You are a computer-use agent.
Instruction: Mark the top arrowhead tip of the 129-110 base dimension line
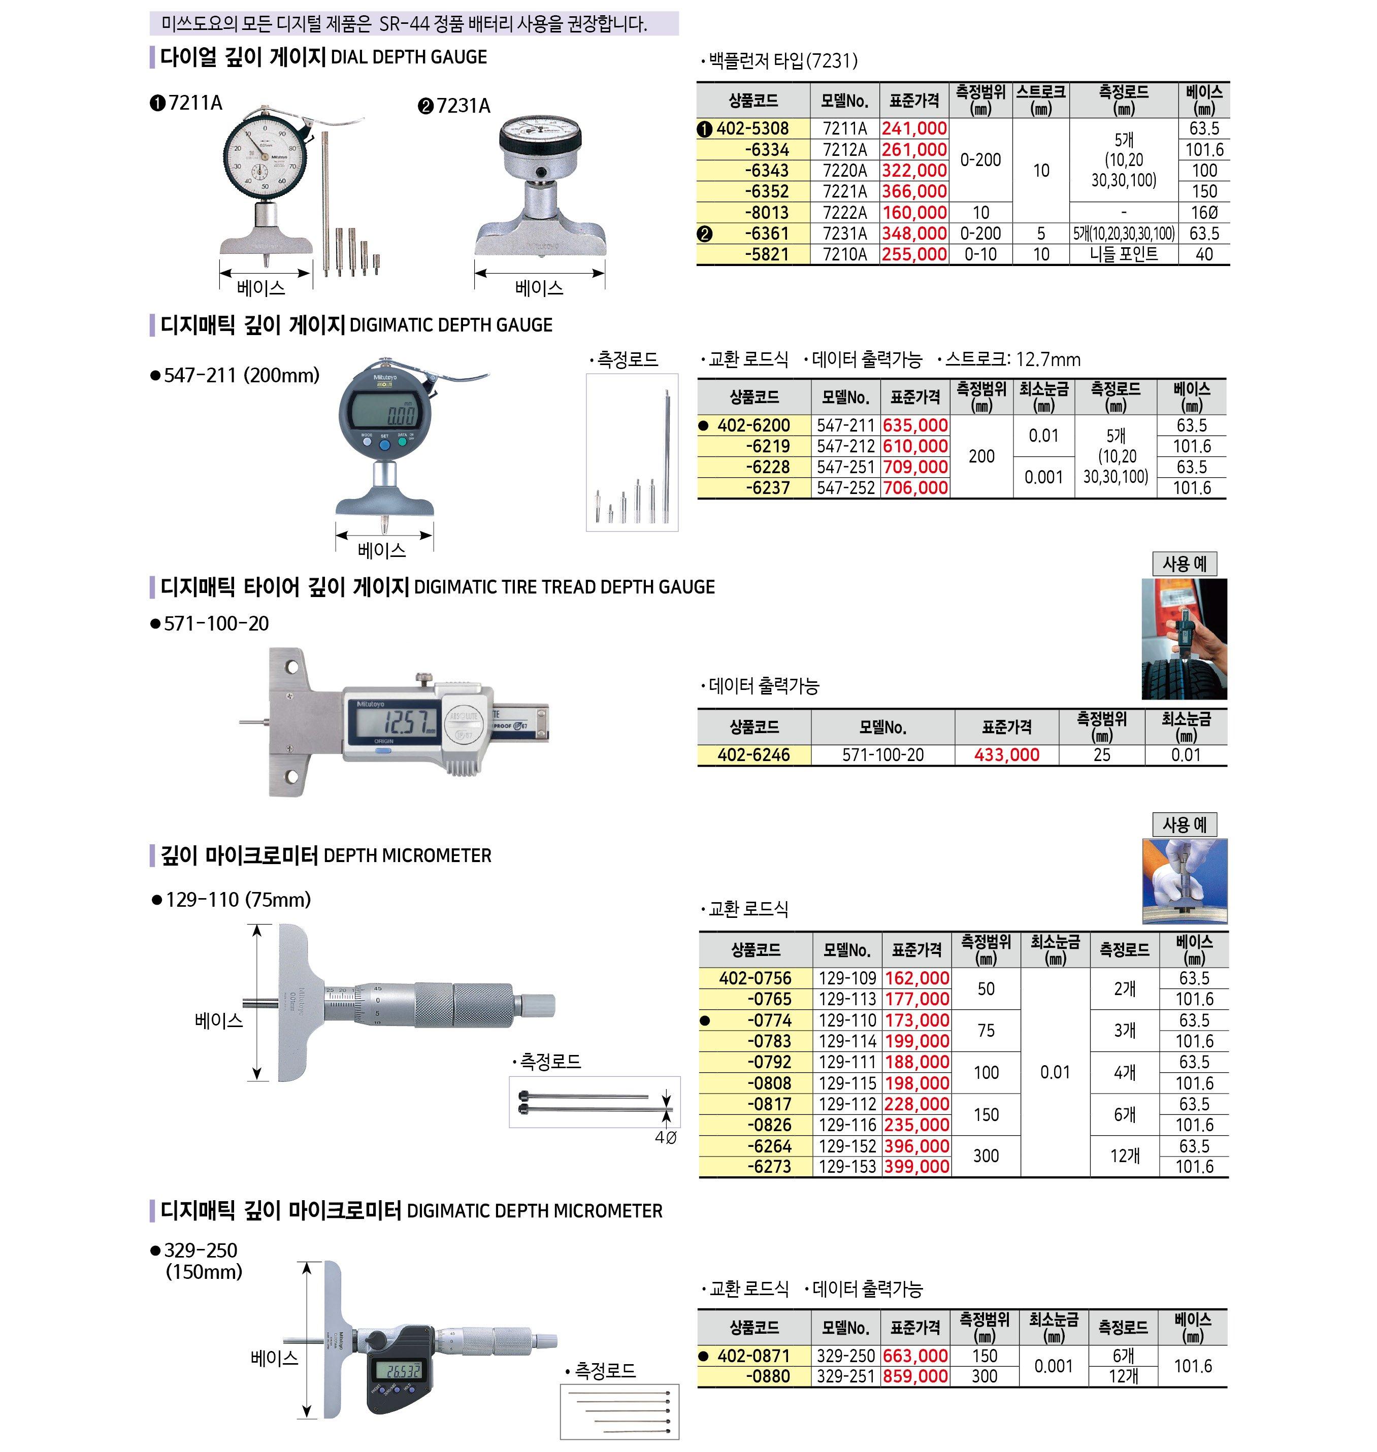tap(257, 925)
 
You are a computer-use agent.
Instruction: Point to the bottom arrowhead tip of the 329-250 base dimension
tap(308, 1417)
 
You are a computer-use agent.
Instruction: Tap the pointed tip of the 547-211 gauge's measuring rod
tap(383, 533)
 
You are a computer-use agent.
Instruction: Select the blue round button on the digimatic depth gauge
tap(384, 445)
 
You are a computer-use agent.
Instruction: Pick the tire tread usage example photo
tap(1184, 639)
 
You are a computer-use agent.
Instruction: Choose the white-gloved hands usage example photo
tap(1185, 881)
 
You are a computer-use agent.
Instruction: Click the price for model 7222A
tap(914, 213)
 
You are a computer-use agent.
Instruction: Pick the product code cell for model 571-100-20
tap(754, 754)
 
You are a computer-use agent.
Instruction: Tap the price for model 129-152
tap(917, 1146)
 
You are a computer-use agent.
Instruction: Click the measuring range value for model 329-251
tap(985, 1376)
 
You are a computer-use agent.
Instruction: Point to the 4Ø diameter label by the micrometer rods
tap(665, 1138)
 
